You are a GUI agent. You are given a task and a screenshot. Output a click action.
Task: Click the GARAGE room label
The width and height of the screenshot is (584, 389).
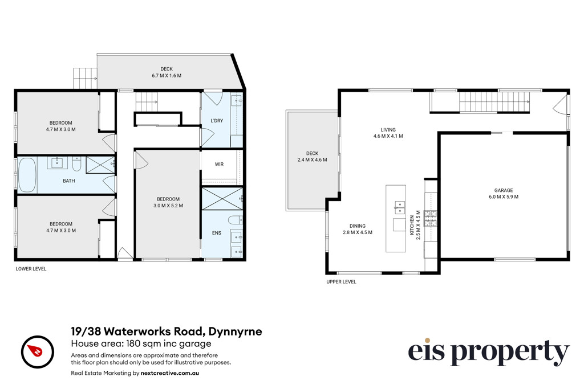click(x=504, y=190)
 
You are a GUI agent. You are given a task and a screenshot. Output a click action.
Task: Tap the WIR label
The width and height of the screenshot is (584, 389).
click(x=219, y=164)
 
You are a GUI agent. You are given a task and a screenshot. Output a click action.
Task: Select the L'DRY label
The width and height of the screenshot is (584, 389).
click(x=217, y=121)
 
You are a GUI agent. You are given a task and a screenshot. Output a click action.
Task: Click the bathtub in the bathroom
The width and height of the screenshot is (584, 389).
click(x=27, y=175)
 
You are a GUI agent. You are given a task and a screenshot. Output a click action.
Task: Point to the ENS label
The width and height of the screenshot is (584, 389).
click(x=216, y=233)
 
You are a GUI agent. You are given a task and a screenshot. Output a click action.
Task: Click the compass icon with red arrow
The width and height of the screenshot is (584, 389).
click(x=38, y=352)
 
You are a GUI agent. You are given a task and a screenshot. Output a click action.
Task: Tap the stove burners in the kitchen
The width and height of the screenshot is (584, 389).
click(x=431, y=218)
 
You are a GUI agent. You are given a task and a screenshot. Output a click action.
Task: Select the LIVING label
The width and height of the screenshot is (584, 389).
click(x=388, y=130)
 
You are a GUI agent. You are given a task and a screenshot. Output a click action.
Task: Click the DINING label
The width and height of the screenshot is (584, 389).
click(x=358, y=226)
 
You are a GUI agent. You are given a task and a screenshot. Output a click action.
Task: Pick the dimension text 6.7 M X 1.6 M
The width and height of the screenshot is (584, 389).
click(x=167, y=76)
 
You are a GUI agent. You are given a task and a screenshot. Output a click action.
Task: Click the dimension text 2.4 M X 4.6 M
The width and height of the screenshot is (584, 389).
click(x=312, y=160)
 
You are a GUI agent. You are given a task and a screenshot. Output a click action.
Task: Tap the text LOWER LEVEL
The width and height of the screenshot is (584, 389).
click(x=31, y=268)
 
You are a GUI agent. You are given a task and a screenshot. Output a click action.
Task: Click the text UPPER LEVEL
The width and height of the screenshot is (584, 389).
click(x=341, y=281)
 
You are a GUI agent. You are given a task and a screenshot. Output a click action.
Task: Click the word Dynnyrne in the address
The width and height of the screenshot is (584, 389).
click(x=235, y=331)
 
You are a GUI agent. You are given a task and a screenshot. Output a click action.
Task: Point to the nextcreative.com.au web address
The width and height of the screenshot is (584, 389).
click(x=170, y=373)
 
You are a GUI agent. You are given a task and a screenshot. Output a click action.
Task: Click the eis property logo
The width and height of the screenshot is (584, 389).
click(x=489, y=352)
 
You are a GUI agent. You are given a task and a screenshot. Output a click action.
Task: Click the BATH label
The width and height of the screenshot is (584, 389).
click(x=69, y=181)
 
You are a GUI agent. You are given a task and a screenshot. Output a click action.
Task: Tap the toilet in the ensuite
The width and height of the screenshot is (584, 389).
click(x=236, y=220)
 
